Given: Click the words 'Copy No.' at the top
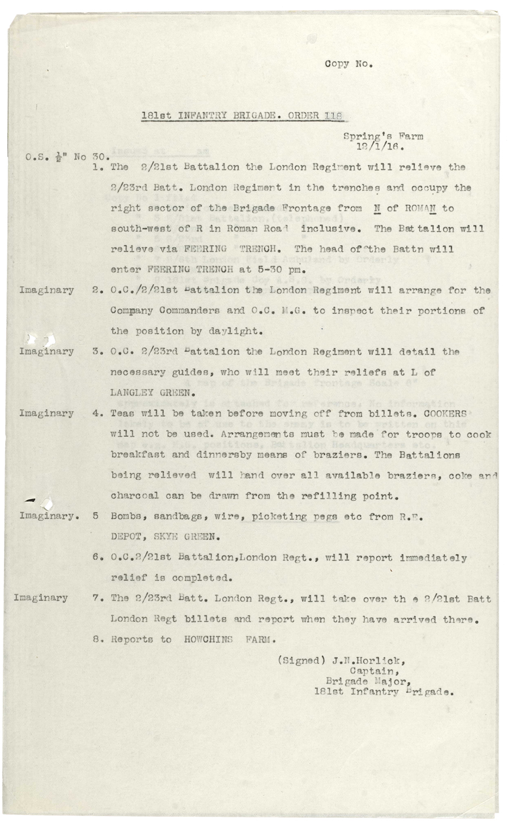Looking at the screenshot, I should point(348,64).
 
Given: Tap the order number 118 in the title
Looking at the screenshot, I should point(334,116).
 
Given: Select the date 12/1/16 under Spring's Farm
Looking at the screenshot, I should point(379,146).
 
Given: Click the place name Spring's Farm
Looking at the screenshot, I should point(383,136).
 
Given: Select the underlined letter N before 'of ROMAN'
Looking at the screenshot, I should point(376,208).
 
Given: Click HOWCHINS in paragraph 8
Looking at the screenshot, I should point(209,639).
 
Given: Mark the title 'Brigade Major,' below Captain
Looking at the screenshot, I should point(368,681).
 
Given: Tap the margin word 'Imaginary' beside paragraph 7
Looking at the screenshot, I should point(41,598).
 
